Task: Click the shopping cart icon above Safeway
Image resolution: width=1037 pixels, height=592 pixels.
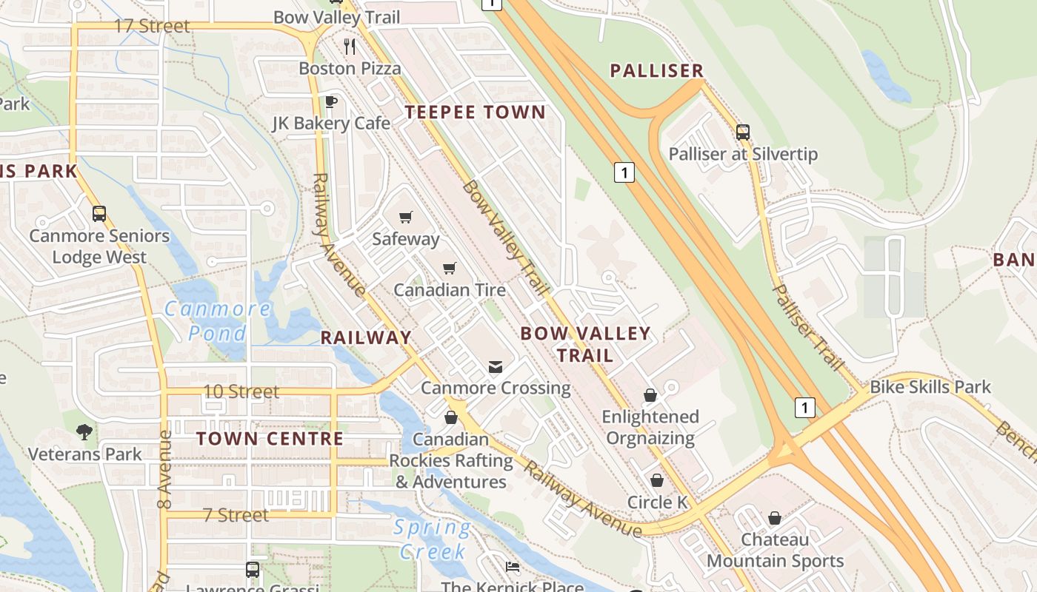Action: click(405, 217)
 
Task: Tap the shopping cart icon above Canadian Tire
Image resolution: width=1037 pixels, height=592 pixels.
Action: click(450, 268)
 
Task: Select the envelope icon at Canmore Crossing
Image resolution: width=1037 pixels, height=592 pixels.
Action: click(495, 366)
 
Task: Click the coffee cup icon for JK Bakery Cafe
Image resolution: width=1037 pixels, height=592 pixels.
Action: click(330, 101)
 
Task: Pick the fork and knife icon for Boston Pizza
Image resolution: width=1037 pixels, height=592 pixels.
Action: click(350, 47)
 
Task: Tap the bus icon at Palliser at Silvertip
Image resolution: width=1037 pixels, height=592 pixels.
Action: click(743, 132)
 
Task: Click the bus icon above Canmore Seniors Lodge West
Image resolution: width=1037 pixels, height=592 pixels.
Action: click(99, 214)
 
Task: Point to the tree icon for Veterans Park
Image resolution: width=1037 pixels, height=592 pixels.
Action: click(84, 431)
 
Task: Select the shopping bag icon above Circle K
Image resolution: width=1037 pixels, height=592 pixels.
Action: click(656, 480)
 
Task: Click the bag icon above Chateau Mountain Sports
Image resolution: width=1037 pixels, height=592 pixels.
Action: click(774, 517)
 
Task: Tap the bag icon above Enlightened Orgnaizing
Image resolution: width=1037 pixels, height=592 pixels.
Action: click(650, 395)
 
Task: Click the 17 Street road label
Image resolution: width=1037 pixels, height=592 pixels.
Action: click(152, 26)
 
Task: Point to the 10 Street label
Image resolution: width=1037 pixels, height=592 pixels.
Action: click(241, 391)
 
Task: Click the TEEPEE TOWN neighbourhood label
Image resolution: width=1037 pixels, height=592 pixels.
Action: click(475, 112)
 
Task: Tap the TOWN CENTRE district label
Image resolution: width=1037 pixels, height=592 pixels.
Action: click(270, 438)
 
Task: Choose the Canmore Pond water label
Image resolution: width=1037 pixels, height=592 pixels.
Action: click(217, 320)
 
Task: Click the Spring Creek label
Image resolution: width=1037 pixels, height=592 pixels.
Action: click(433, 539)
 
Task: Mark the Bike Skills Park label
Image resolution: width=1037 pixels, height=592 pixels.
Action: click(930, 387)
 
